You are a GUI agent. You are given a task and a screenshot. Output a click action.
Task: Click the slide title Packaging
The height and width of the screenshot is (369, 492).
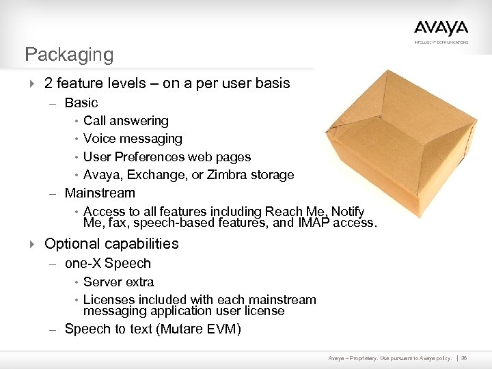(x=69, y=54)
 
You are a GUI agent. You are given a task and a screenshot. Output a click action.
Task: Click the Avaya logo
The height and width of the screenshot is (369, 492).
(x=441, y=29)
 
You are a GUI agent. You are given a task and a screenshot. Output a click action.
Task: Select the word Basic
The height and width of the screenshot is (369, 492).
(x=81, y=103)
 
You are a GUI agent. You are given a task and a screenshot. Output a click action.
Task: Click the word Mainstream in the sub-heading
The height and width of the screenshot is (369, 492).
(x=100, y=193)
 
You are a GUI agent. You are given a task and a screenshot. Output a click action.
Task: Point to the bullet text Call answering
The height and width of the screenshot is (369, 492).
(x=126, y=121)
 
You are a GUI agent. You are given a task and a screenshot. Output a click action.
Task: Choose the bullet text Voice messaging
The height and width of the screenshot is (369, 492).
(x=133, y=139)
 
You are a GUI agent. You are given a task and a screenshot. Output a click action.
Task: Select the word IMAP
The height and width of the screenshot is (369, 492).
(x=314, y=222)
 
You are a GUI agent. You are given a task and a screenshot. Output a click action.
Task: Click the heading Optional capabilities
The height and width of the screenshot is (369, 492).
(x=111, y=244)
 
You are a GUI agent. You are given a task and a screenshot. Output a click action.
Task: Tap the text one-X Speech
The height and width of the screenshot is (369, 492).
(x=107, y=264)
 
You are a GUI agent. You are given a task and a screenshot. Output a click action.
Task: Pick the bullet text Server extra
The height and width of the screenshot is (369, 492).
(x=118, y=282)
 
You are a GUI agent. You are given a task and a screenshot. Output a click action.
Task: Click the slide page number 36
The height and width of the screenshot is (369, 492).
(x=464, y=358)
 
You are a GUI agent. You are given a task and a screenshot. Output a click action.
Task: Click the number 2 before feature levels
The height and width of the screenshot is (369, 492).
(x=49, y=83)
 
